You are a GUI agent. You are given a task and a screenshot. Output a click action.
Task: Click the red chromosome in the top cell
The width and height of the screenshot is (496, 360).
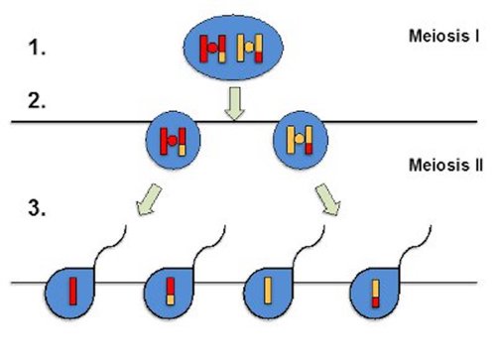[213, 48]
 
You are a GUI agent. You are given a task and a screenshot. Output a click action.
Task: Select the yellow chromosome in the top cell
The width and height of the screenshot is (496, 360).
[255, 48]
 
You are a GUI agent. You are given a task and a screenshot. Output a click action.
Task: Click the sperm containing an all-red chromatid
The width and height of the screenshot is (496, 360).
[70, 293]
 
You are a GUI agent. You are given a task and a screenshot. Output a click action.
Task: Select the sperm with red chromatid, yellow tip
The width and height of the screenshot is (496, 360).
[170, 293]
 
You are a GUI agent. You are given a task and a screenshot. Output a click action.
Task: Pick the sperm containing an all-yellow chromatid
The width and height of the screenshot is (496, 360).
[269, 293]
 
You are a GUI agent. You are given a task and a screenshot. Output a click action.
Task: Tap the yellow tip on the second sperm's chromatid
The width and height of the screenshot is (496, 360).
[170, 285]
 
